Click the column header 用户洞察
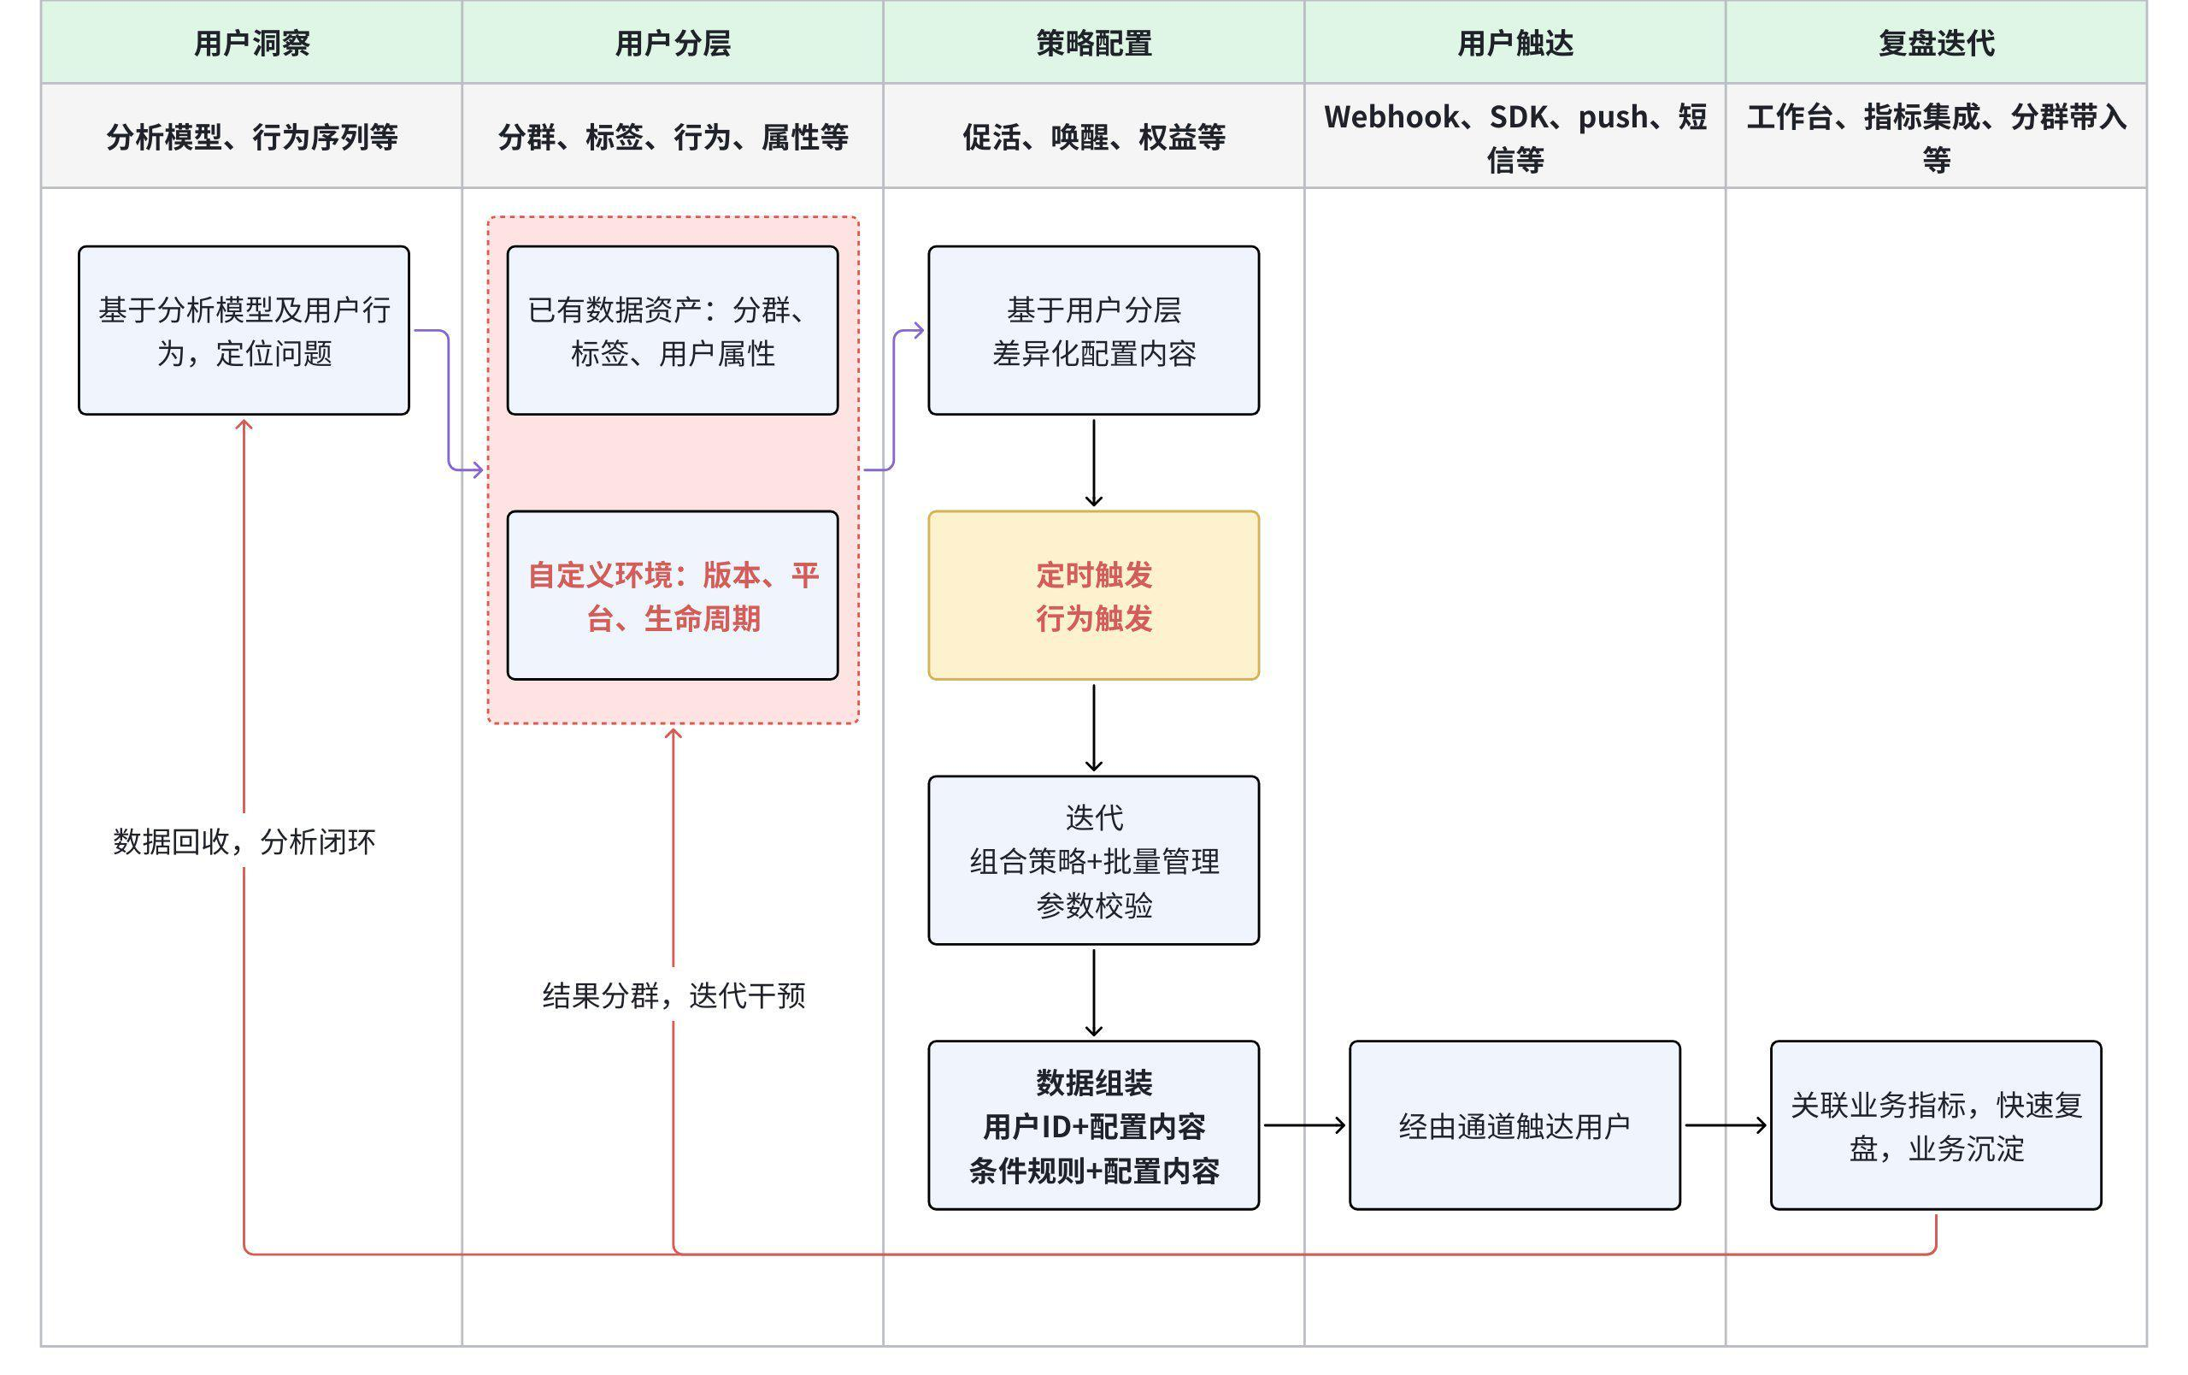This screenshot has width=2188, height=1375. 251,43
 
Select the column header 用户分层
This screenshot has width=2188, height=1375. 673,43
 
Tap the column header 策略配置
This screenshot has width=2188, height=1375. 1094,43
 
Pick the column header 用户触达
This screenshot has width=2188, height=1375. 1515,43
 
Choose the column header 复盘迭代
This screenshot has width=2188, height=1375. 1935,43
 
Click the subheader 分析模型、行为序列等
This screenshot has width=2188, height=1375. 251,136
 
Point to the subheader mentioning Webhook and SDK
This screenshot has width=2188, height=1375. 1515,136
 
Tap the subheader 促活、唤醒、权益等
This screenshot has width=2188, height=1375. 1094,136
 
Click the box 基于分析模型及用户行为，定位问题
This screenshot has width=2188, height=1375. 244,330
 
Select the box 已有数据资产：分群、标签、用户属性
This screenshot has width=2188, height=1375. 673,330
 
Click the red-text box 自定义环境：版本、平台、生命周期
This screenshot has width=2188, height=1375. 673,595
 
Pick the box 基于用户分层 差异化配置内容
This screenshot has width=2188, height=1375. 1094,330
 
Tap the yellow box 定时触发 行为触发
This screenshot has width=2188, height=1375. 1094,595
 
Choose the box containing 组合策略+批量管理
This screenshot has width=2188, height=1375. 1094,859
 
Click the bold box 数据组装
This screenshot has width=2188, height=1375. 1094,1125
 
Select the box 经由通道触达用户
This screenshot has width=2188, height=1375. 1515,1125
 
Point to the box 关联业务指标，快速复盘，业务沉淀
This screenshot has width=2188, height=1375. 1935,1125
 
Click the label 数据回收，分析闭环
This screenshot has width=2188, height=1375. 244,841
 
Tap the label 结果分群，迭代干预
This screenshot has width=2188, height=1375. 673,995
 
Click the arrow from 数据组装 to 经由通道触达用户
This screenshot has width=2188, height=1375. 1304,1125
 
